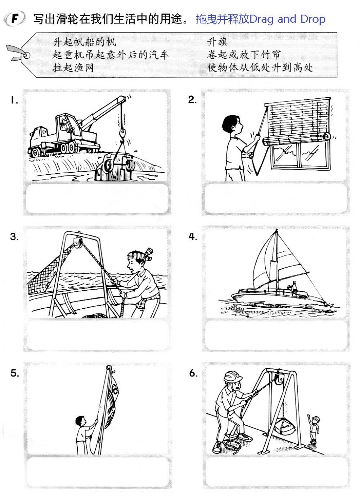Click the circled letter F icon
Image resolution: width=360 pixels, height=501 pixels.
[14, 19]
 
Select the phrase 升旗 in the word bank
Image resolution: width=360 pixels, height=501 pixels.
[217, 42]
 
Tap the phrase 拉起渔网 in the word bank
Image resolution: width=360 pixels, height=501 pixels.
[73, 68]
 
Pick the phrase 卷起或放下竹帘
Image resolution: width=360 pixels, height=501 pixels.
[243, 55]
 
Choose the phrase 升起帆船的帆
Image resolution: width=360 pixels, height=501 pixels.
[84, 42]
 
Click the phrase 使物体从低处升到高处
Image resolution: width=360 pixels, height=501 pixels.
[260, 67]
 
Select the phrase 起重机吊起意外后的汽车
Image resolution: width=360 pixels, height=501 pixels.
[111, 55]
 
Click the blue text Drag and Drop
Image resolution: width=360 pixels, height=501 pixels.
[287, 19]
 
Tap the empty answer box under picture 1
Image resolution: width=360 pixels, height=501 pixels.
[97, 198]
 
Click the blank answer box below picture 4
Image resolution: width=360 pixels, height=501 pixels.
[276, 335]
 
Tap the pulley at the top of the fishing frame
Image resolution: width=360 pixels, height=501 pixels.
[77, 242]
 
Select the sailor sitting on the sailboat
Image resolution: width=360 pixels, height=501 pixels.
[294, 288]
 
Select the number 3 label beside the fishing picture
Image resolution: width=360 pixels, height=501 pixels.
[14, 237]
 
